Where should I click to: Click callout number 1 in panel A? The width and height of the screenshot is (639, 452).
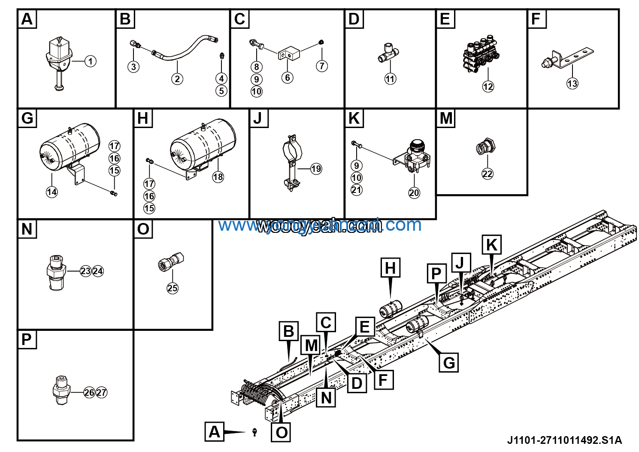coord(90,61)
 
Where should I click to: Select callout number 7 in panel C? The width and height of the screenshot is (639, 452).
coord(322,66)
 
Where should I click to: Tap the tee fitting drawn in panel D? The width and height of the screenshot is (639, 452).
coord(388,55)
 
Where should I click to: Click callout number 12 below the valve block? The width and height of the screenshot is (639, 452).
coord(488,86)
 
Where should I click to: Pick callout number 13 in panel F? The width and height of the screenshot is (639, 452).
coord(572,83)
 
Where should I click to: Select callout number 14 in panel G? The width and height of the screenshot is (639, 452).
coord(51,192)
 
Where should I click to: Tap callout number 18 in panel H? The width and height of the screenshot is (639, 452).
coord(218,177)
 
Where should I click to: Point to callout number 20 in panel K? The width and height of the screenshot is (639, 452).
coord(414,193)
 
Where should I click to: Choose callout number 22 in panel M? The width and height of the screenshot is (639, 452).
coord(488,174)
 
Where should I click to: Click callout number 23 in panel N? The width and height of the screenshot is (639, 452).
coord(86,271)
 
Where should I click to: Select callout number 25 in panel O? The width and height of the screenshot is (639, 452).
coord(173,288)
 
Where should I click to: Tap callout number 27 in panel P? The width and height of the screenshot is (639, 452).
coord(101,393)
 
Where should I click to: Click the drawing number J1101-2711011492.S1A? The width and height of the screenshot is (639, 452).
coord(564,440)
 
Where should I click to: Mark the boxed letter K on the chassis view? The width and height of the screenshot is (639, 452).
coord(491,245)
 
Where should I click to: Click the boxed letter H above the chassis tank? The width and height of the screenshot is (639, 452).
coord(390,268)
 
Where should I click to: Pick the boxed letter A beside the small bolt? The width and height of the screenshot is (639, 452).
coord(214,432)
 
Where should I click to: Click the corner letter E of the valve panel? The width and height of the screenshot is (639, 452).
coord(445,19)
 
